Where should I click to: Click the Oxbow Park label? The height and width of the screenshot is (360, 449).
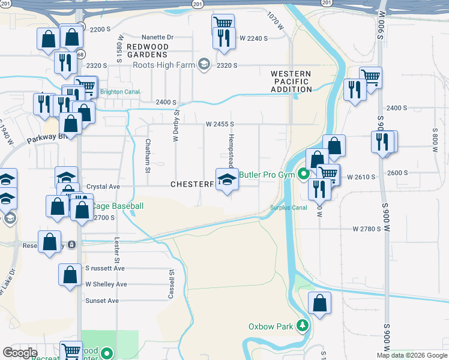(x=271, y=327)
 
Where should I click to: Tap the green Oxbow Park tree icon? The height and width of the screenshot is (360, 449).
(x=303, y=326)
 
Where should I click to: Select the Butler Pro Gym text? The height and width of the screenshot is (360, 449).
(x=268, y=175)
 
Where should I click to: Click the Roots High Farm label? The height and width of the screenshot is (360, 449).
(x=166, y=65)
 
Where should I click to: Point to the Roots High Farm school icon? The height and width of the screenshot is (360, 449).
(x=204, y=65)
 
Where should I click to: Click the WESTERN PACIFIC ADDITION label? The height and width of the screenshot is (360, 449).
(x=292, y=82)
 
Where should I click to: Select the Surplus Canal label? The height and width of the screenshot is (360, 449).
(x=289, y=208)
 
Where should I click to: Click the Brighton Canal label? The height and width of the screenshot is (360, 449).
(x=119, y=92)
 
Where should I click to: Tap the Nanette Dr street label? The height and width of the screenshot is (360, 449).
(x=157, y=37)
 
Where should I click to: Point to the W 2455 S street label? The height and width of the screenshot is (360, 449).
(x=219, y=124)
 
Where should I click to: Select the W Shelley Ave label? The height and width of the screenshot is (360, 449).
(x=106, y=284)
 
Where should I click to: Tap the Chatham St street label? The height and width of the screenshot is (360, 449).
(x=147, y=155)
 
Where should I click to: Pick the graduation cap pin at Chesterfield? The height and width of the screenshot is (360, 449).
(x=226, y=179)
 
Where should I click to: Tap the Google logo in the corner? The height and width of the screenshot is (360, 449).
(x=19, y=353)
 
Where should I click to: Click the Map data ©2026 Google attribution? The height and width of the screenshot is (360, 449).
(x=411, y=355)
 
